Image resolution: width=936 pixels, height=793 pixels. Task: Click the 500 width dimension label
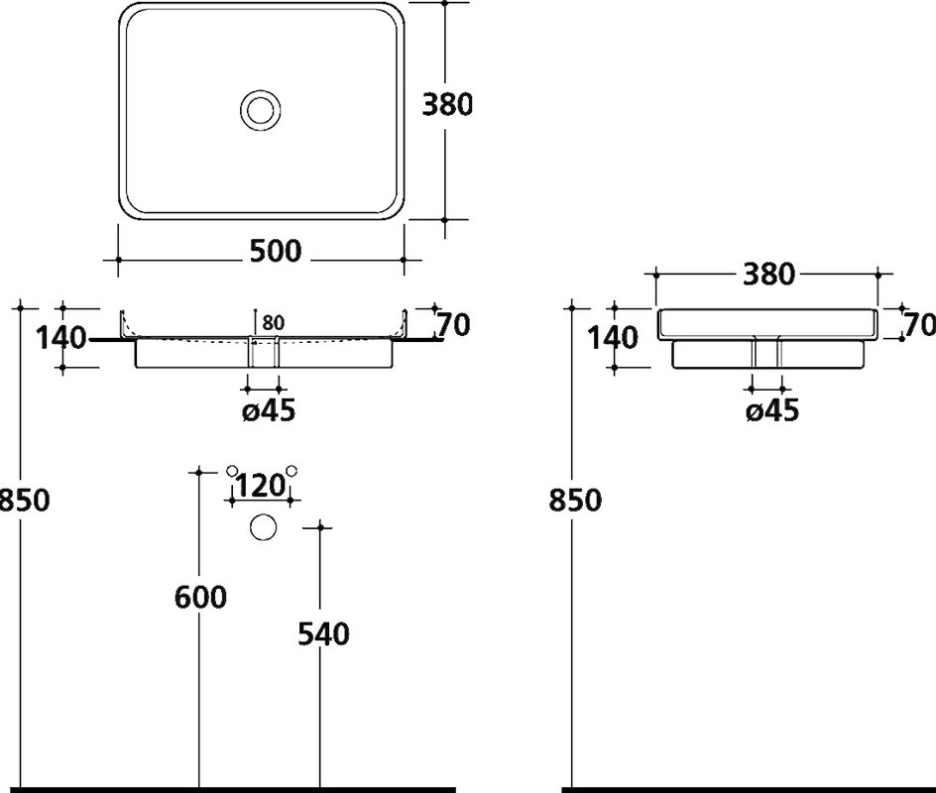(276, 252)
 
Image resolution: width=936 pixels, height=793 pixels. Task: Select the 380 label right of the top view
(447, 105)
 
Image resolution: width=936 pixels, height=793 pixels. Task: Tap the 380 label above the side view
(768, 275)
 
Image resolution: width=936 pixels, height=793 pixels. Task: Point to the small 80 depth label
(273, 323)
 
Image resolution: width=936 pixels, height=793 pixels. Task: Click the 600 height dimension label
(200, 598)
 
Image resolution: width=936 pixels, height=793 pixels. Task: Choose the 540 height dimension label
(323, 633)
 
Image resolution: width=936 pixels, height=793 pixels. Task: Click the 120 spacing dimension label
(260, 486)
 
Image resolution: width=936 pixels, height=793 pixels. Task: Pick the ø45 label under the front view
(269, 410)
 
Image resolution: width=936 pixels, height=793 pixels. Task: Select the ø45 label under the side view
(772, 410)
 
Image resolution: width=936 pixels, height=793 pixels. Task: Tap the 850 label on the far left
(24, 500)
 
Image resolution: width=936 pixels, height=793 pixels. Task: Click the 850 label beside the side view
(575, 500)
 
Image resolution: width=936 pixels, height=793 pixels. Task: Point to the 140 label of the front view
(61, 338)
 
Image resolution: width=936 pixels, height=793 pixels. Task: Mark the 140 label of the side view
(614, 338)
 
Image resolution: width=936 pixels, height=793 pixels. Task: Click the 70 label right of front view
(454, 325)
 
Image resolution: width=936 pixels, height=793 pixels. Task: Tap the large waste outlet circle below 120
(263, 527)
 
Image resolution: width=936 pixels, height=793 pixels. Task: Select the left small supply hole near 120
(232, 471)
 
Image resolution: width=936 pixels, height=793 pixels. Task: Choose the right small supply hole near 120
(292, 471)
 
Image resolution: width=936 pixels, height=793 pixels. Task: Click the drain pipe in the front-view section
(263, 353)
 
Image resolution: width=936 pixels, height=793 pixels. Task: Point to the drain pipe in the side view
(767, 353)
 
